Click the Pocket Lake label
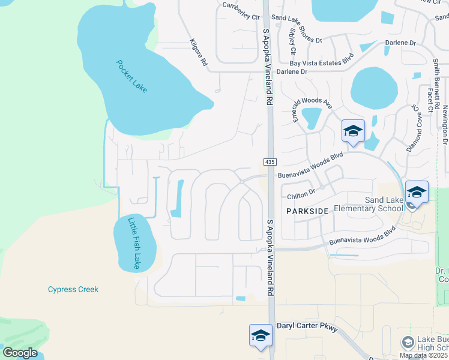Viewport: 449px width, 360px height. pyautogui.click(x=131, y=76)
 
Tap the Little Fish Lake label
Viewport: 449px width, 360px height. pyautogui.click(x=134, y=243)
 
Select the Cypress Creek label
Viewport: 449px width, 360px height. pyautogui.click(x=73, y=289)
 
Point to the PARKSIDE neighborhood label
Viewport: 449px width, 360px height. pyautogui.click(x=307, y=211)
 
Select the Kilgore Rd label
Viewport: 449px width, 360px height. pyautogui.click(x=198, y=52)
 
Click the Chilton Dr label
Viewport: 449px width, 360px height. pyautogui.click(x=301, y=193)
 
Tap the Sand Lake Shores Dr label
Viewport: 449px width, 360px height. pyautogui.click(x=297, y=35)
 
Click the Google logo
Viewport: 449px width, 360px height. pyautogui.click(x=20, y=353)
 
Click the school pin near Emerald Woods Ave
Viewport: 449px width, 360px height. pyautogui.click(x=353, y=131)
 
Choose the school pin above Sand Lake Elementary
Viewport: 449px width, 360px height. pyautogui.click(x=417, y=193)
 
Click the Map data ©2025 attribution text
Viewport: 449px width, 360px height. pyautogui.click(x=424, y=355)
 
